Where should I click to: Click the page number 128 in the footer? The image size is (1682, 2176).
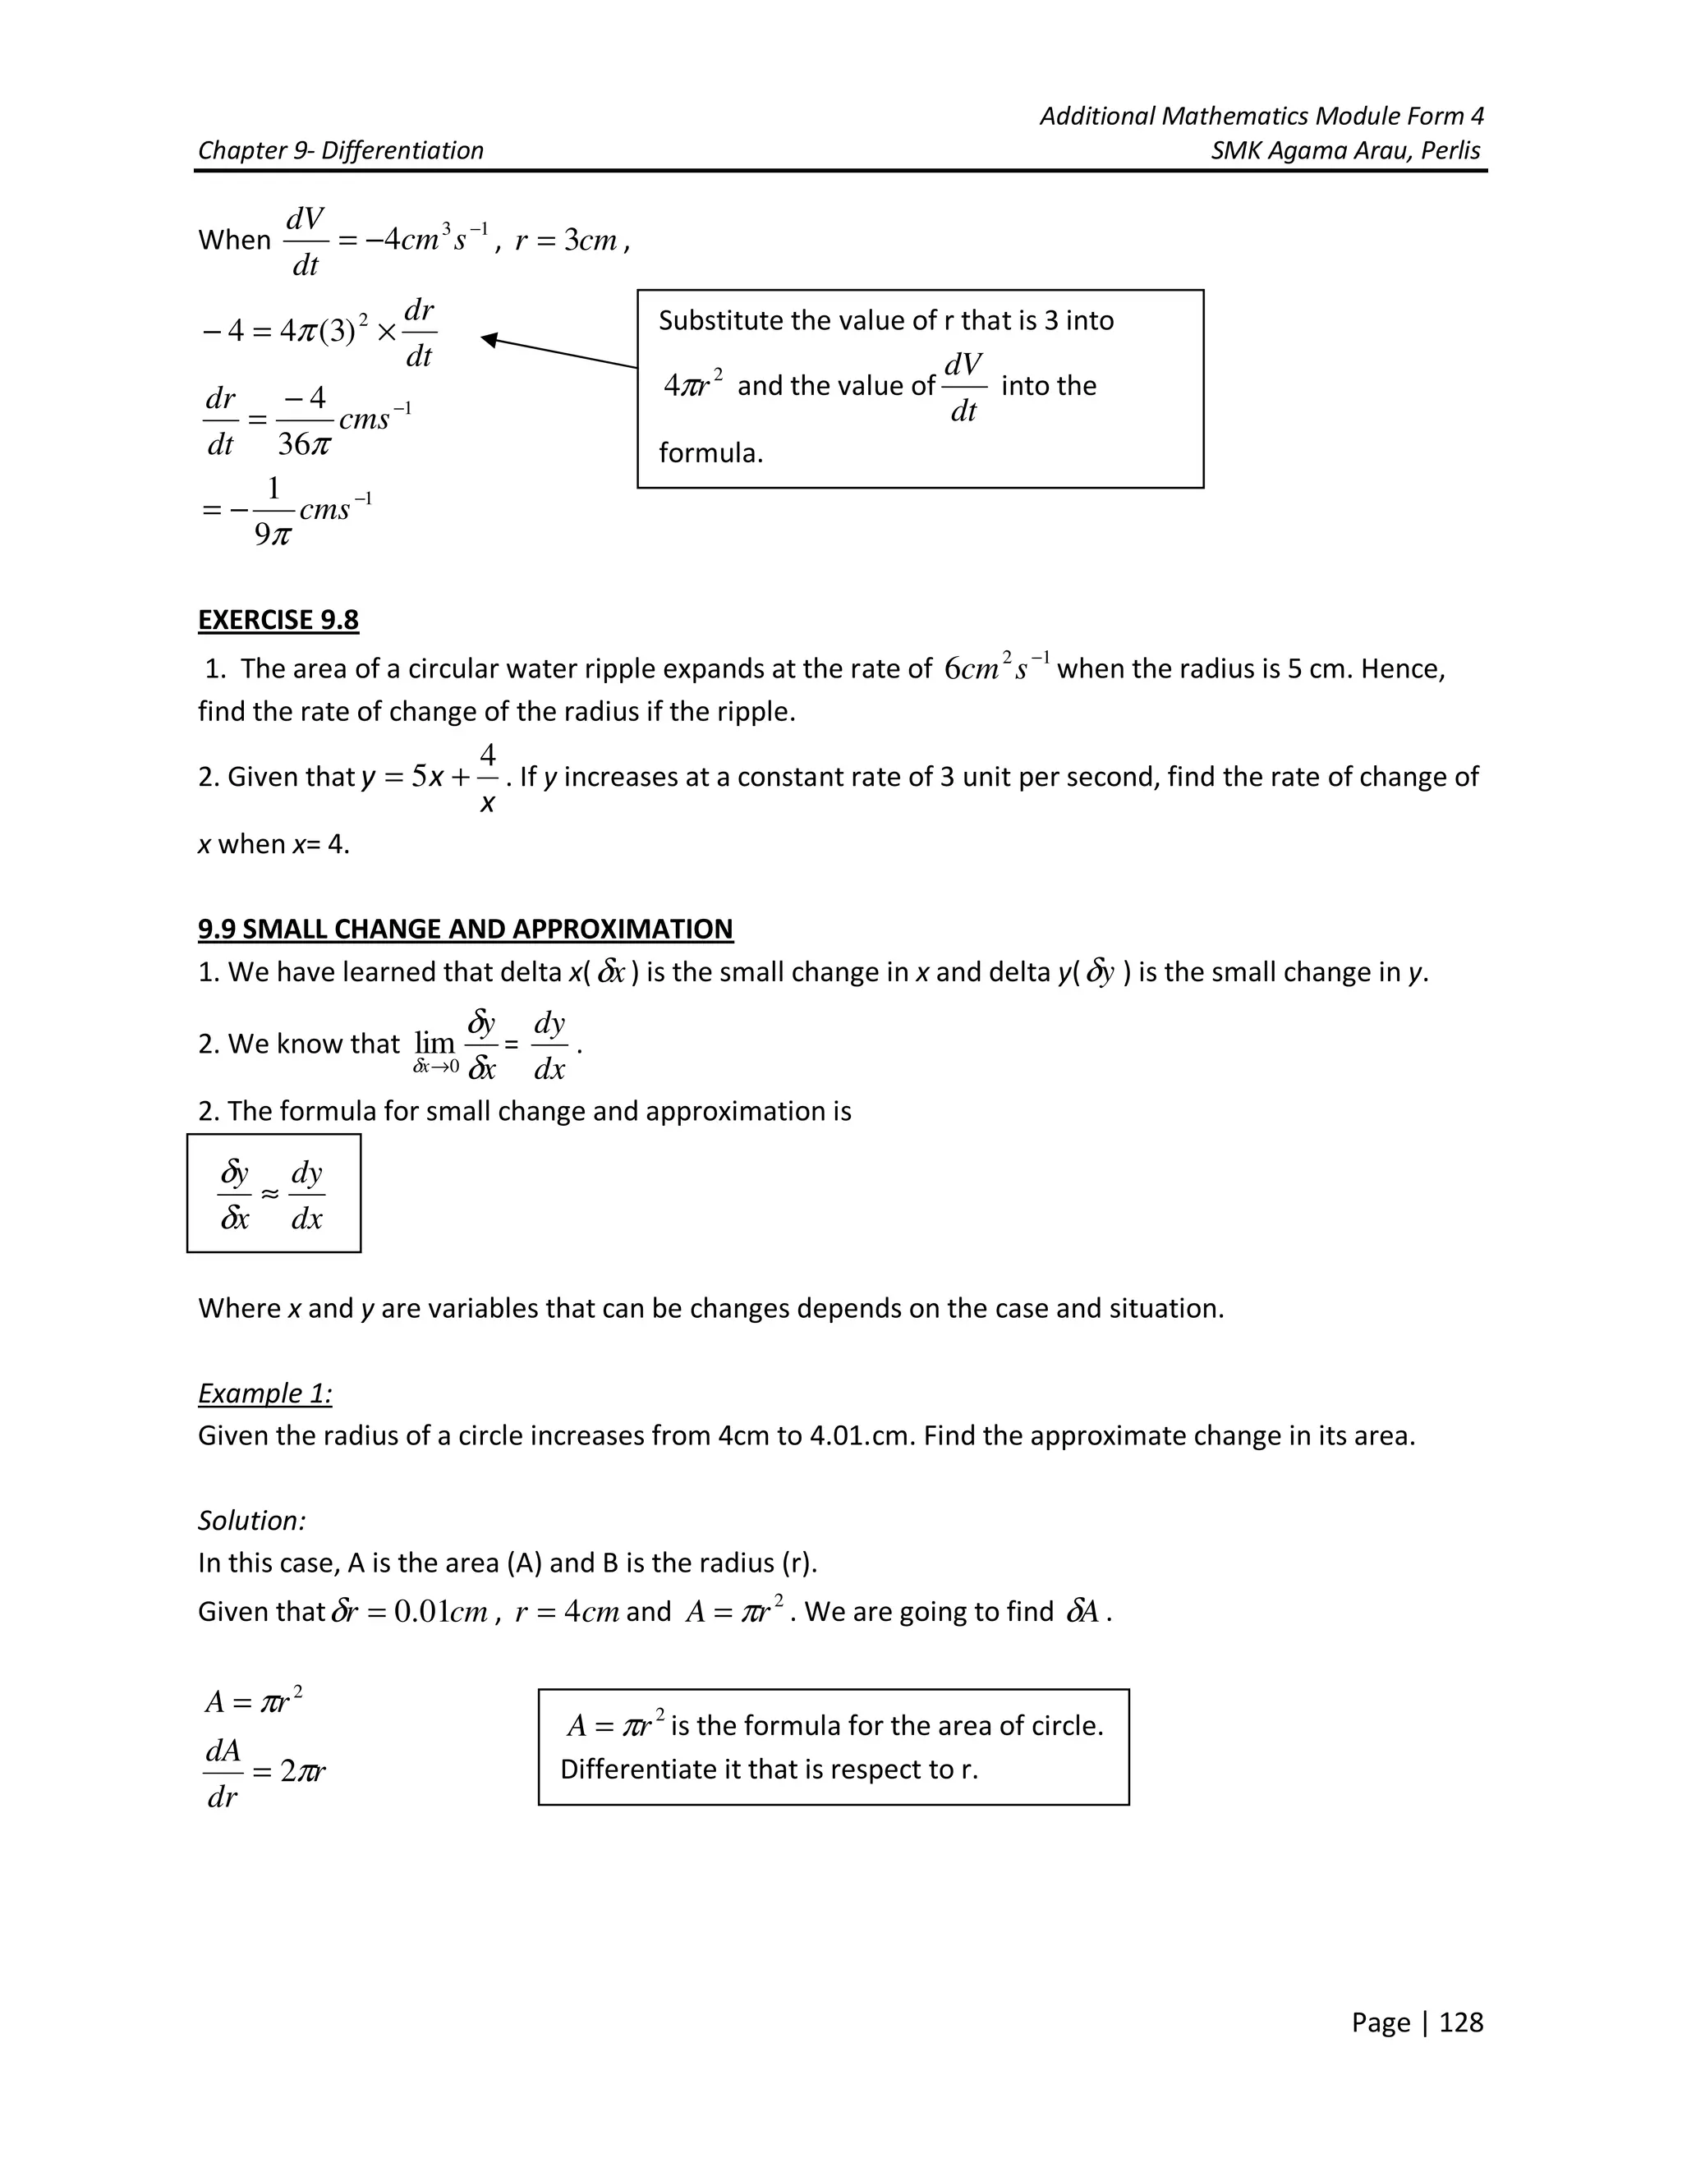coord(1461,2022)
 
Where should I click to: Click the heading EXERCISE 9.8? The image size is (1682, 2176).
coord(278,620)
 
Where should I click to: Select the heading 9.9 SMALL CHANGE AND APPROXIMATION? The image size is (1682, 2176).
coord(466,929)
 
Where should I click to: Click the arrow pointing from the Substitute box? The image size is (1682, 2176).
coord(558,353)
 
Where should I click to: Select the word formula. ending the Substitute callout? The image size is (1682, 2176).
coord(710,453)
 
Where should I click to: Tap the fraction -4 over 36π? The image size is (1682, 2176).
coord(304,420)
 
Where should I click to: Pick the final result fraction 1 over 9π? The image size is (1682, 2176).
coord(273,511)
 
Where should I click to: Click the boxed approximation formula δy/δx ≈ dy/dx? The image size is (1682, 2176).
coord(272,1194)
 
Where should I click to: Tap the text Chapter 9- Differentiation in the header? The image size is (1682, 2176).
coord(341,150)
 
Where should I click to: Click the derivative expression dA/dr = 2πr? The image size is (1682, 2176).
coord(264,1773)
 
